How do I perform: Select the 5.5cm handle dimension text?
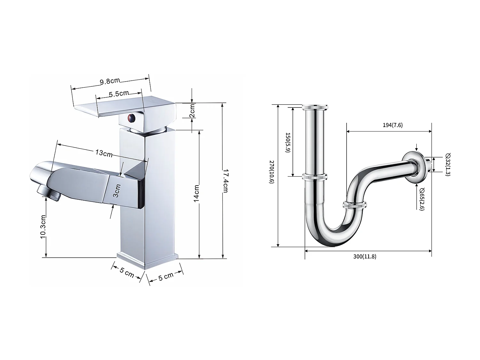point(119,94)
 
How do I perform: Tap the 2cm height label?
point(192,111)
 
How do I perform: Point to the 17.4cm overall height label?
point(225,181)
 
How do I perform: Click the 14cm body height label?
point(196,194)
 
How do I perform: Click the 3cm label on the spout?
point(117,190)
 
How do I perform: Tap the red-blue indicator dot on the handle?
point(131,119)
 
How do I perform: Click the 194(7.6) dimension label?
point(393,125)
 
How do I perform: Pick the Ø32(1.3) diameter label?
point(447,164)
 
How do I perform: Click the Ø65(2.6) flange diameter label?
point(422,198)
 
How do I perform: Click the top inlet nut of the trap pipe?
point(316,107)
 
